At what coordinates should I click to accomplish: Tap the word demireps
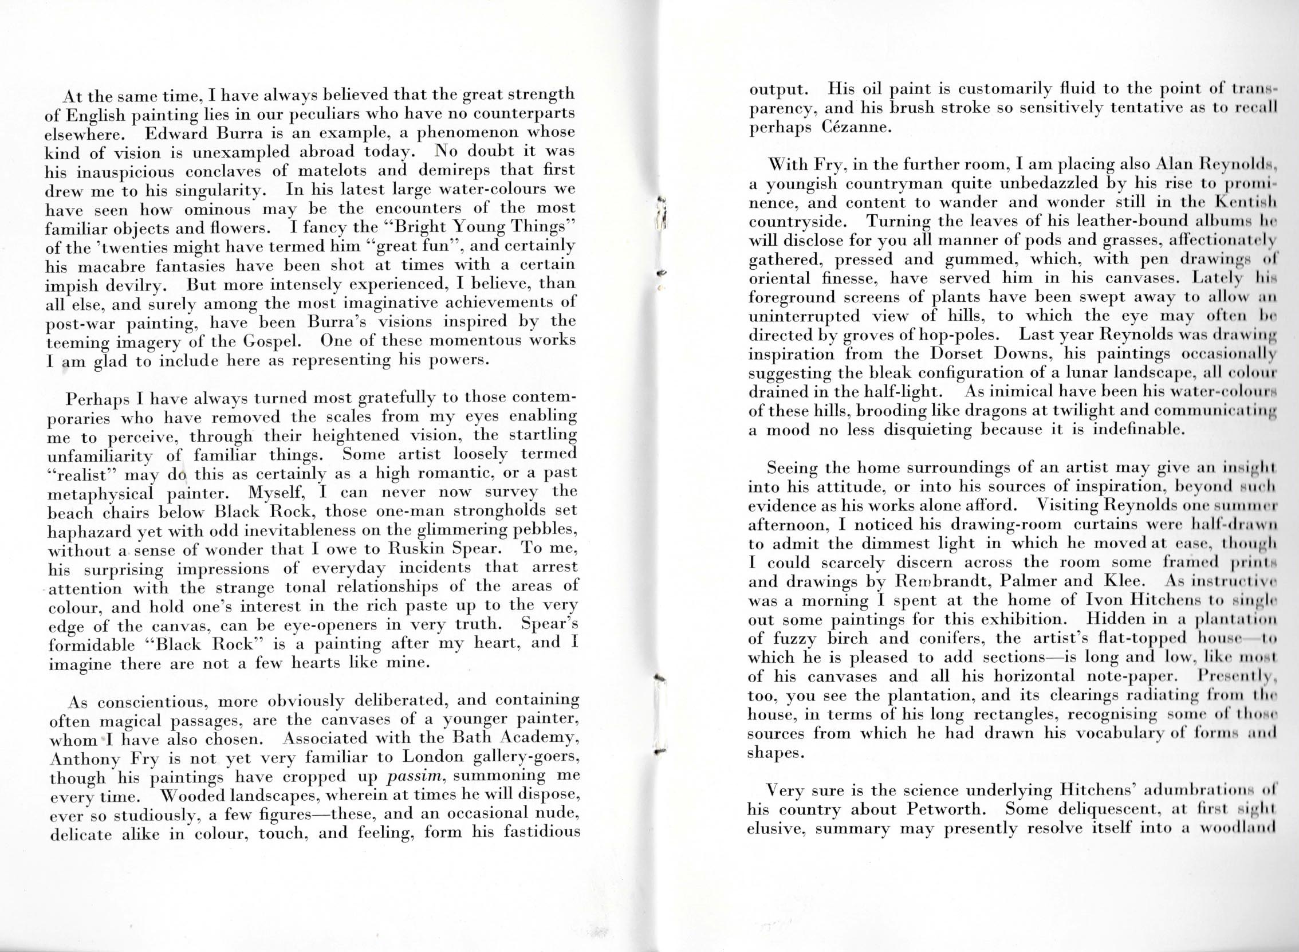click(x=452, y=171)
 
